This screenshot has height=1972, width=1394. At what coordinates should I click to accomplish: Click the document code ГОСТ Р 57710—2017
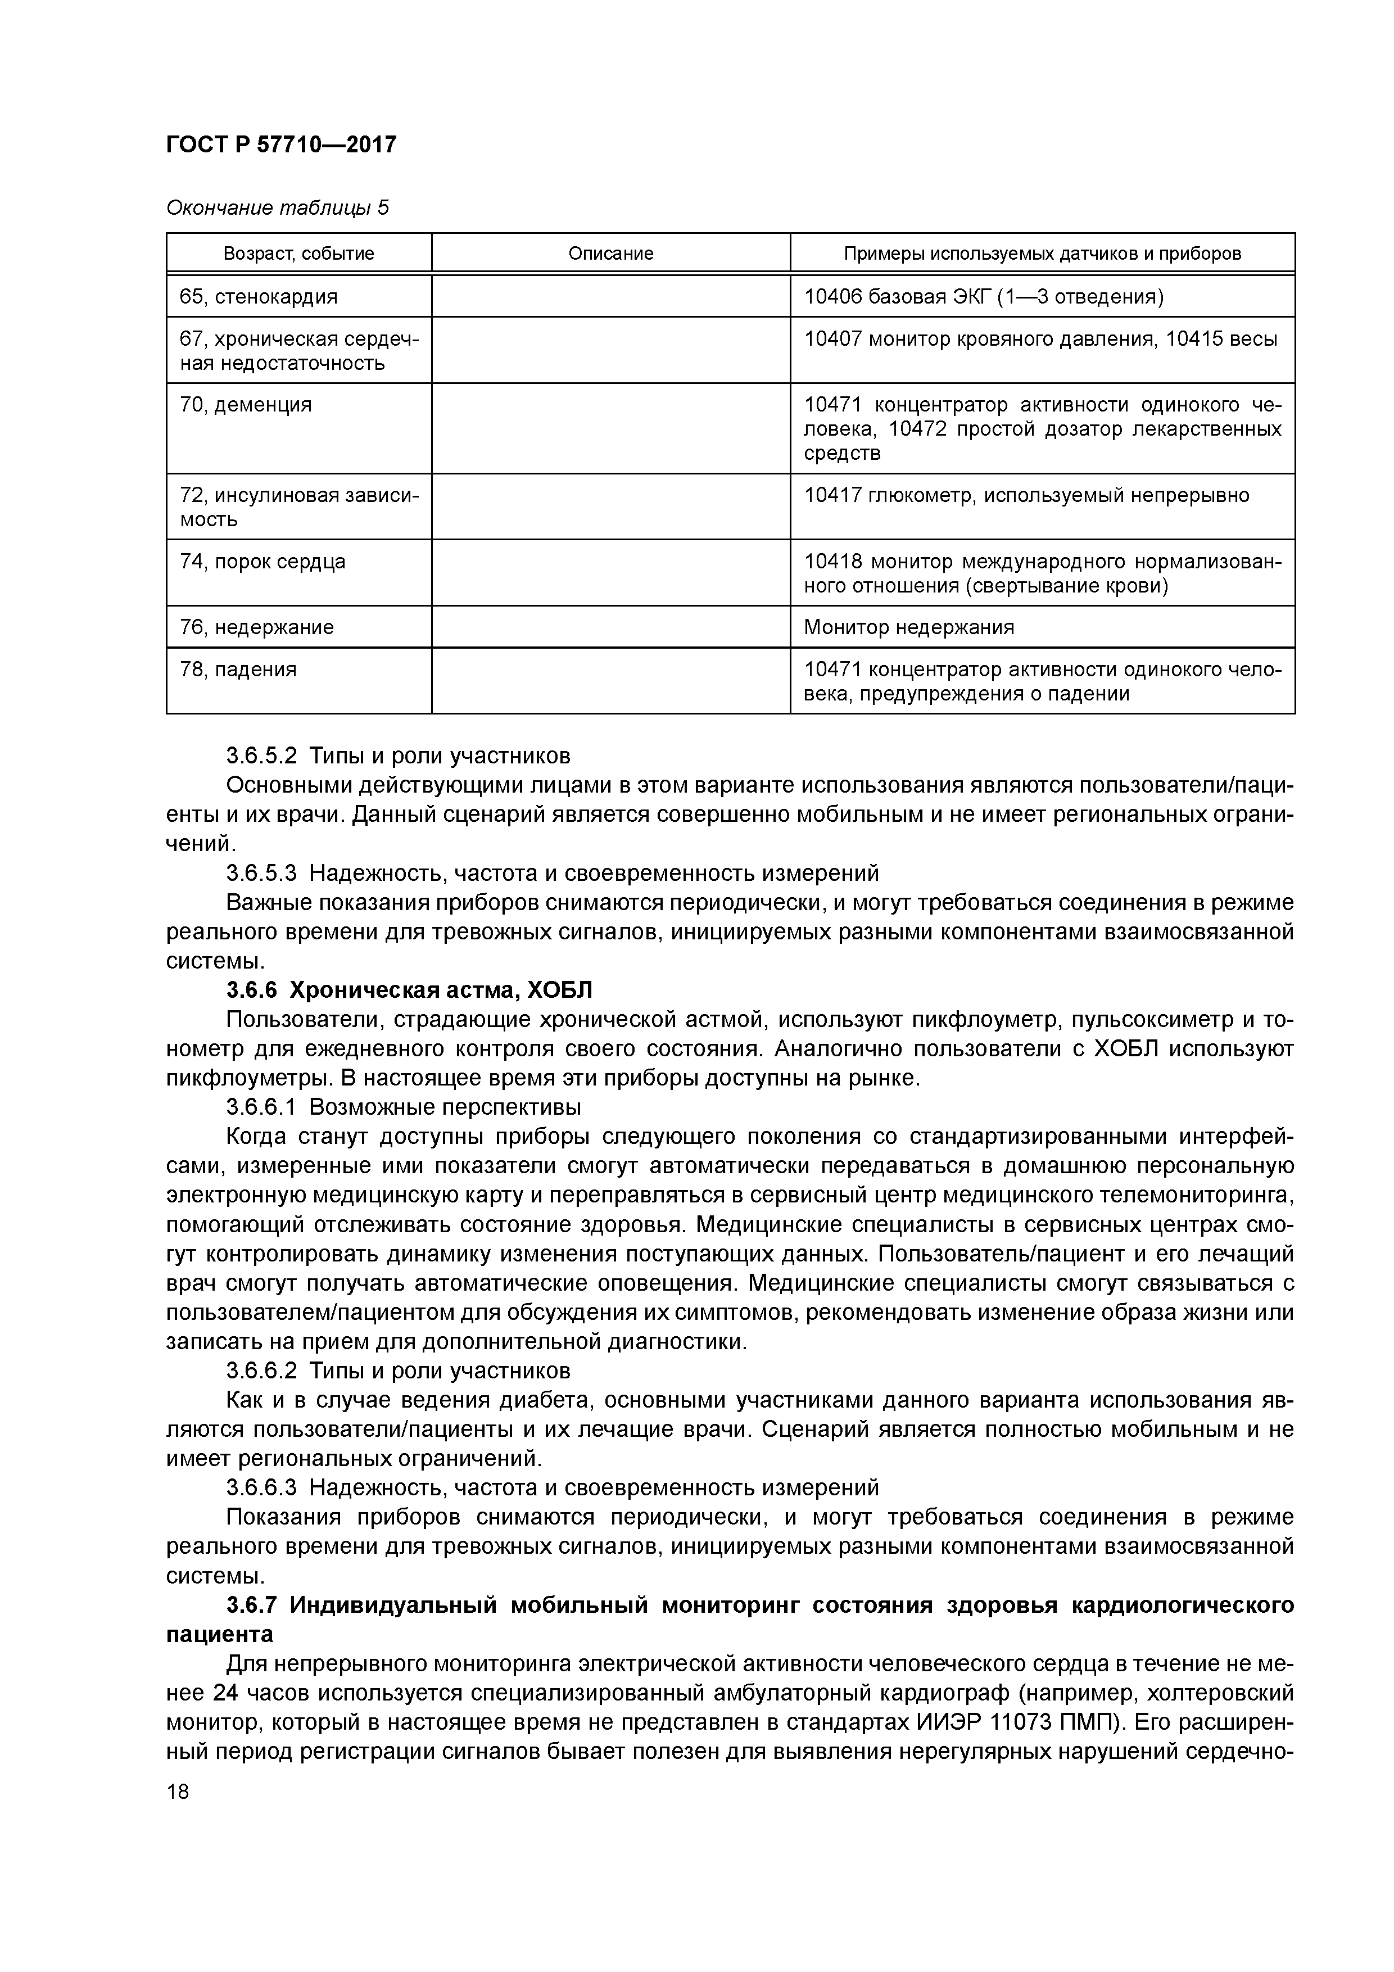coord(281,144)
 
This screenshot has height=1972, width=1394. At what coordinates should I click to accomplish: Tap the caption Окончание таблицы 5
coord(277,208)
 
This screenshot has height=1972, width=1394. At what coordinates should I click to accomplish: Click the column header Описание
coord(610,254)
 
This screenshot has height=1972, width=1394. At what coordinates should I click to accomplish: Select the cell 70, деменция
coord(246,405)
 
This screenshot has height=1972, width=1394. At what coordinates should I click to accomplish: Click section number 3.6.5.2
coord(261,757)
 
